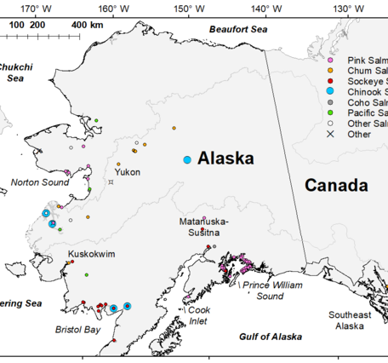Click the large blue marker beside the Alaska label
tap(186, 159)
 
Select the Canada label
tap(336, 185)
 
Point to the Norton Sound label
tap(39, 181)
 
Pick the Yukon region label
tap(127, 171)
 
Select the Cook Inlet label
tap(198, 315)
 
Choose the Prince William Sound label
tap(271, 291)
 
